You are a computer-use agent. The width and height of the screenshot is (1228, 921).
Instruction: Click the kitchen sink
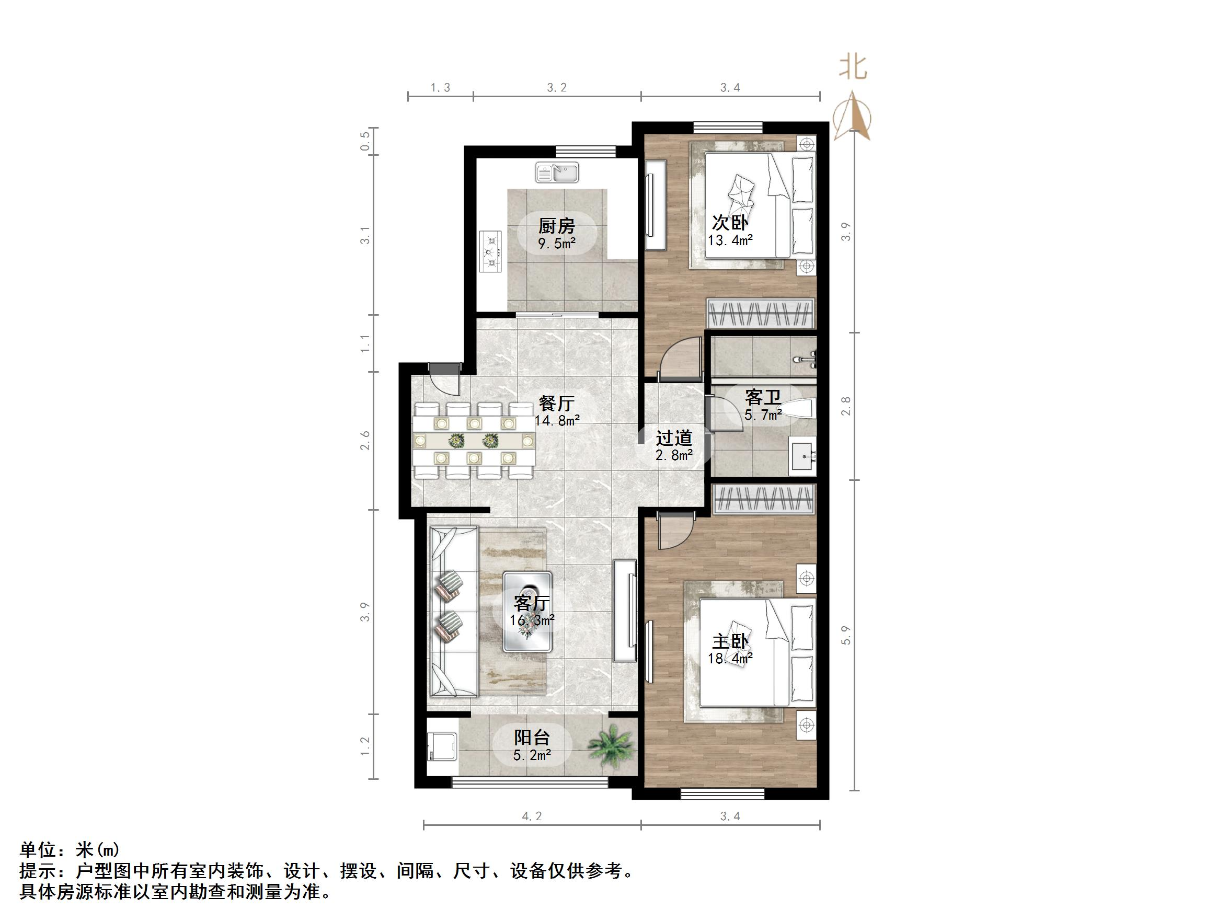(557, 172)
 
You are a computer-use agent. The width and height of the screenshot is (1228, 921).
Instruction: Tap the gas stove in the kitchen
(490, 251)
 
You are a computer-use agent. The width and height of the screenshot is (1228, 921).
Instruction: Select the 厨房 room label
(556, 226)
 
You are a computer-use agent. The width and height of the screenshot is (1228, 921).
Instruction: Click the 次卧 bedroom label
(730, 223)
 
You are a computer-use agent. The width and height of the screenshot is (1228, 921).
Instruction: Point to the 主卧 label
(730, 642)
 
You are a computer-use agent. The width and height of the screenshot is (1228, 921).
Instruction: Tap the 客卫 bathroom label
(763, 397)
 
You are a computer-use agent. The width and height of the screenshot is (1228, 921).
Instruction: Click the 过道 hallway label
(674, 438)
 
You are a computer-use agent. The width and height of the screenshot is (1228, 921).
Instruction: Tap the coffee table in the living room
(527, 611)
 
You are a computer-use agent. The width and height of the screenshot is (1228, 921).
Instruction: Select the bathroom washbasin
(803, 456)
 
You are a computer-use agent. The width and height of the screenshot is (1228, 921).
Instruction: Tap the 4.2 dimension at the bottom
(531, 816)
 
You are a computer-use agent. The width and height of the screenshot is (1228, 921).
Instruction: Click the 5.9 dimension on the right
(845, 635)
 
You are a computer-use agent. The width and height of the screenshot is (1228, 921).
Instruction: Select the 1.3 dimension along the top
(440, 88)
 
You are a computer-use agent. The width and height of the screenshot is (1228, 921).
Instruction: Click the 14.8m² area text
(557, 420)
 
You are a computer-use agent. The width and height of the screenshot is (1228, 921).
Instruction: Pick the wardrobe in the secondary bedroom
(761, 313)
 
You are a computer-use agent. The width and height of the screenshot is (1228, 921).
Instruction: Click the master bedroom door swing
(673, 529)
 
